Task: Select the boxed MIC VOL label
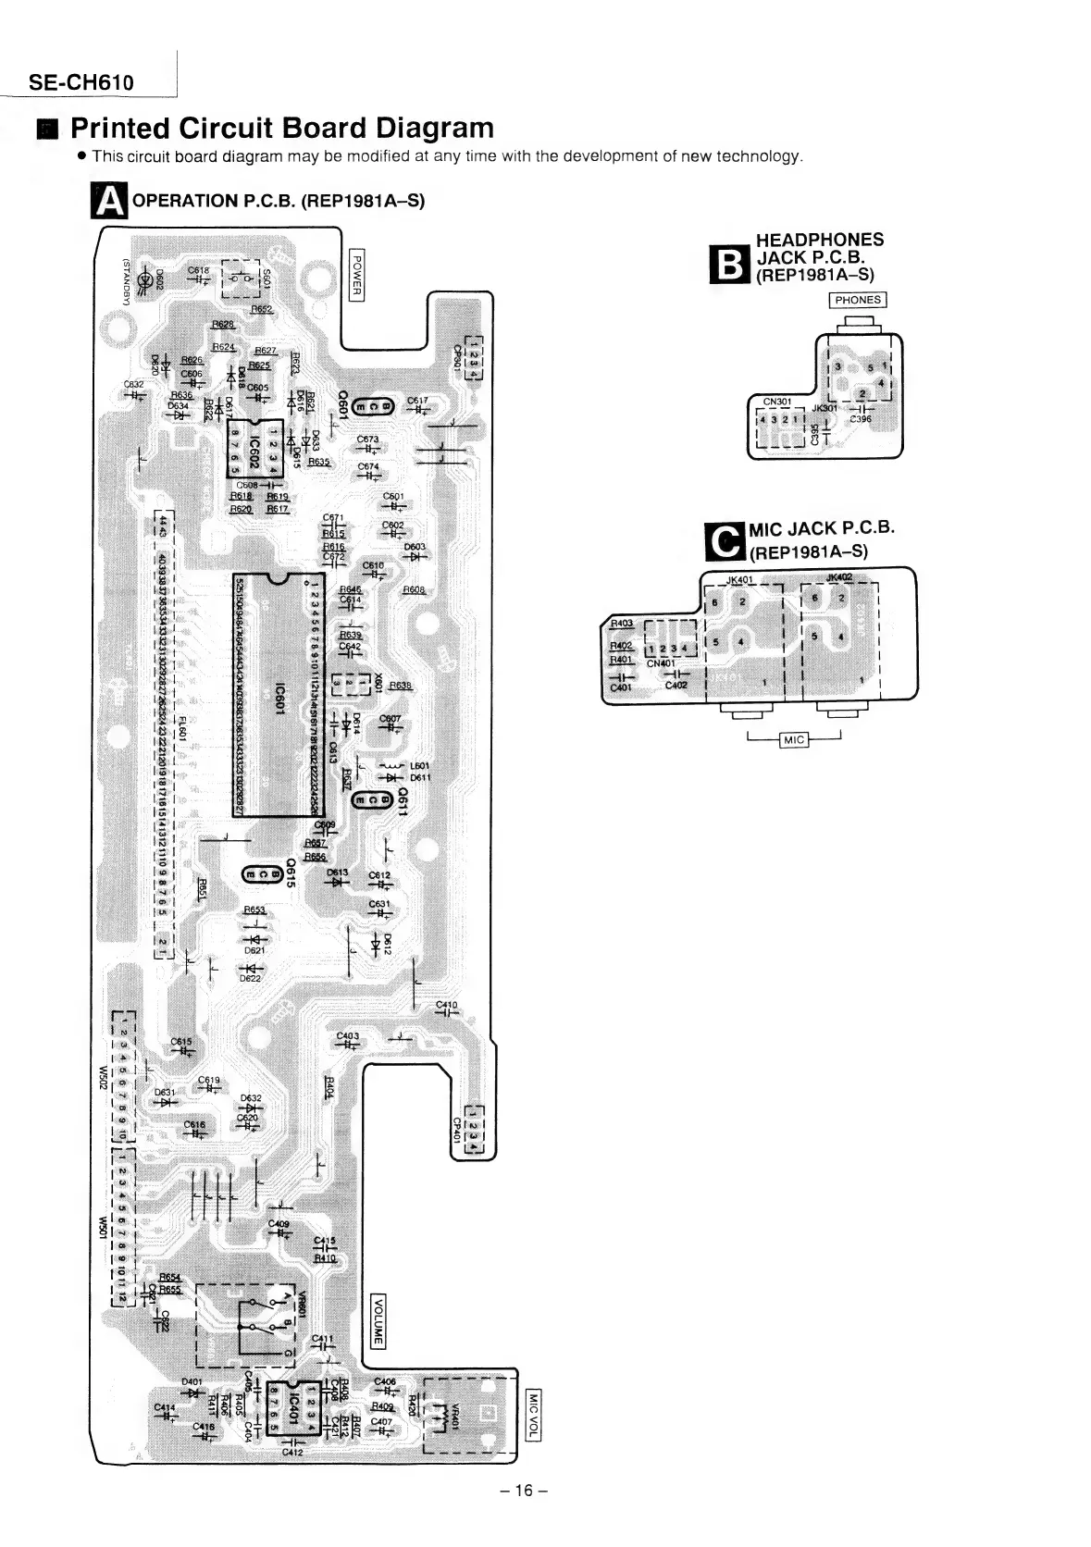(x=531, y=1416)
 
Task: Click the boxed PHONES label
(x=857, y=300)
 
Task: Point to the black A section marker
(x=109, y=201)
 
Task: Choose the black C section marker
(x=725, y=542)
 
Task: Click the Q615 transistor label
(x=290, y=873)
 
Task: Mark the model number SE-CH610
(x=81, y=82)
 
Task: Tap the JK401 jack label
(x=741, y=580)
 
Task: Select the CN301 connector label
(x=776, y=402)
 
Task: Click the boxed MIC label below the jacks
(x=794, y=739)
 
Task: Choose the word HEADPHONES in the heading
(x=819, y=240)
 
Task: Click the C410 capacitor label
(x=446, y=1005)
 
